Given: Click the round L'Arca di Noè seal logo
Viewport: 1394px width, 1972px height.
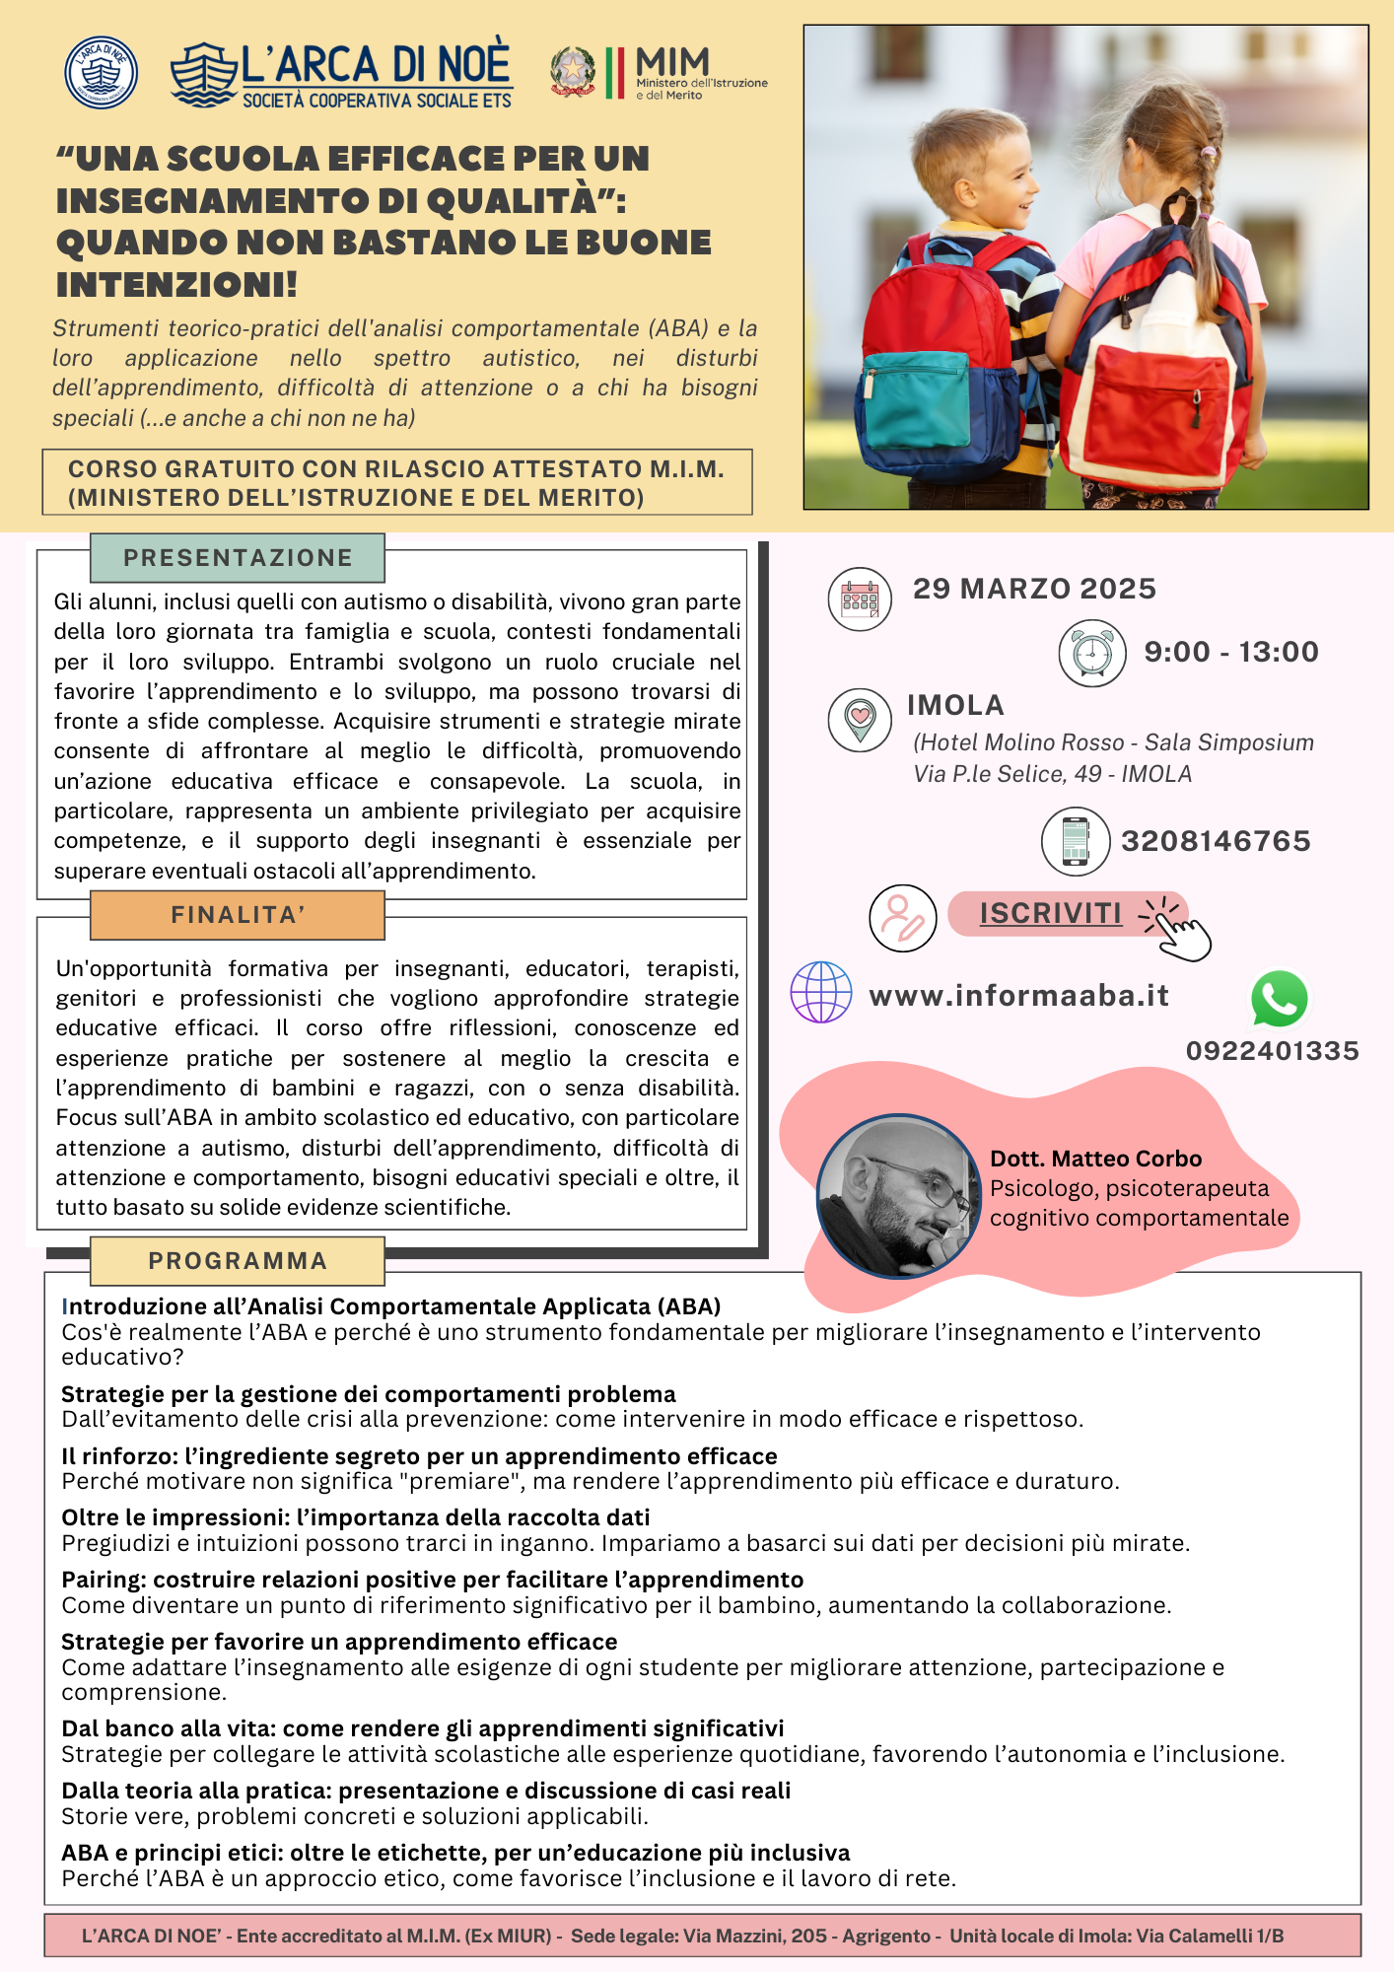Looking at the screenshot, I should [101, 73].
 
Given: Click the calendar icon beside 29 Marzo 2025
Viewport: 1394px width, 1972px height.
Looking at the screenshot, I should [860, 599].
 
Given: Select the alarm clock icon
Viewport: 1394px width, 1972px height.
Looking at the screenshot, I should [1092, 653].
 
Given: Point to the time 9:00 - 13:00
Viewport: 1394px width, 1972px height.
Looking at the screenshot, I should [1231, 652].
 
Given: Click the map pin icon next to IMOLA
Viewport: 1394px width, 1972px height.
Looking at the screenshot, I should [860, 720].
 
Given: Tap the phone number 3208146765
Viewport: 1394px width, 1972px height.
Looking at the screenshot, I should [1216, 841].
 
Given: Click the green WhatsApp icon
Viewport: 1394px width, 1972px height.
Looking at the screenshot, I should [1279, 999].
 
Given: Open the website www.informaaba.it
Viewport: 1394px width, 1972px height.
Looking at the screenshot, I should [1018, 996].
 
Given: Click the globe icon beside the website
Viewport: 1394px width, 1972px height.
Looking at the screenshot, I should [821, 992].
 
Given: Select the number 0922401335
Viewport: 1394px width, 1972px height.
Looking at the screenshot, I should [1272, 1051].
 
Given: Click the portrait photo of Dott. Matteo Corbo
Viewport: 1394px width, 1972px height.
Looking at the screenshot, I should [898, 1196].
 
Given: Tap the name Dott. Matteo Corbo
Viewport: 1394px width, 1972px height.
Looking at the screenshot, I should [1095, 1159].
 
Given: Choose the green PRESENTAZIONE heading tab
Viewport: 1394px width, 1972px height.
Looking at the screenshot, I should [238, 558].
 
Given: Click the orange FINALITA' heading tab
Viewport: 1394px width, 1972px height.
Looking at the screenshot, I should [238, 915].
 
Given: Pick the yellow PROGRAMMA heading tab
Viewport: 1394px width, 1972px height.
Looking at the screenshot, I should [238, 1261].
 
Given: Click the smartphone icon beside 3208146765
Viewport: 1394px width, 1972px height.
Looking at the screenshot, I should [1076, 841].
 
